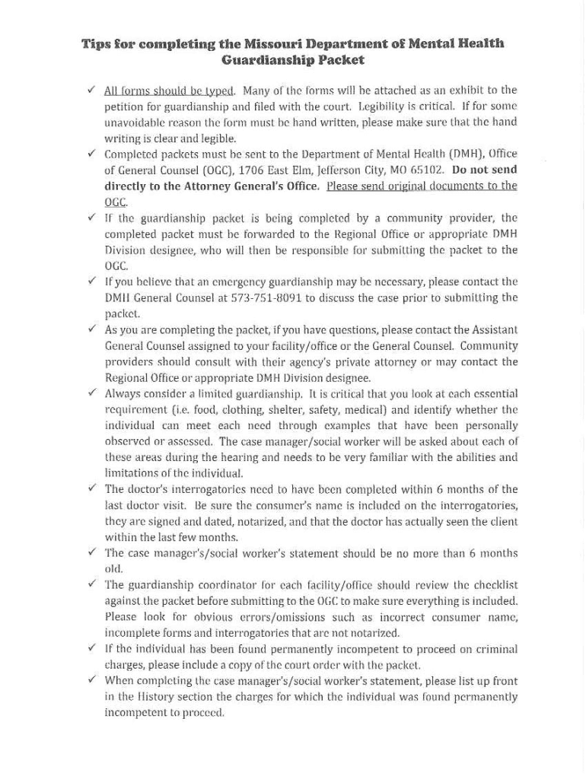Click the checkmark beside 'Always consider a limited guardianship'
click(x=91, y=393)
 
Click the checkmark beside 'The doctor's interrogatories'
click(x=91, y=488)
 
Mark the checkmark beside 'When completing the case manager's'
click(x=91, y=680)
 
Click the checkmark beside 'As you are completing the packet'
click(x=91, y=329)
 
